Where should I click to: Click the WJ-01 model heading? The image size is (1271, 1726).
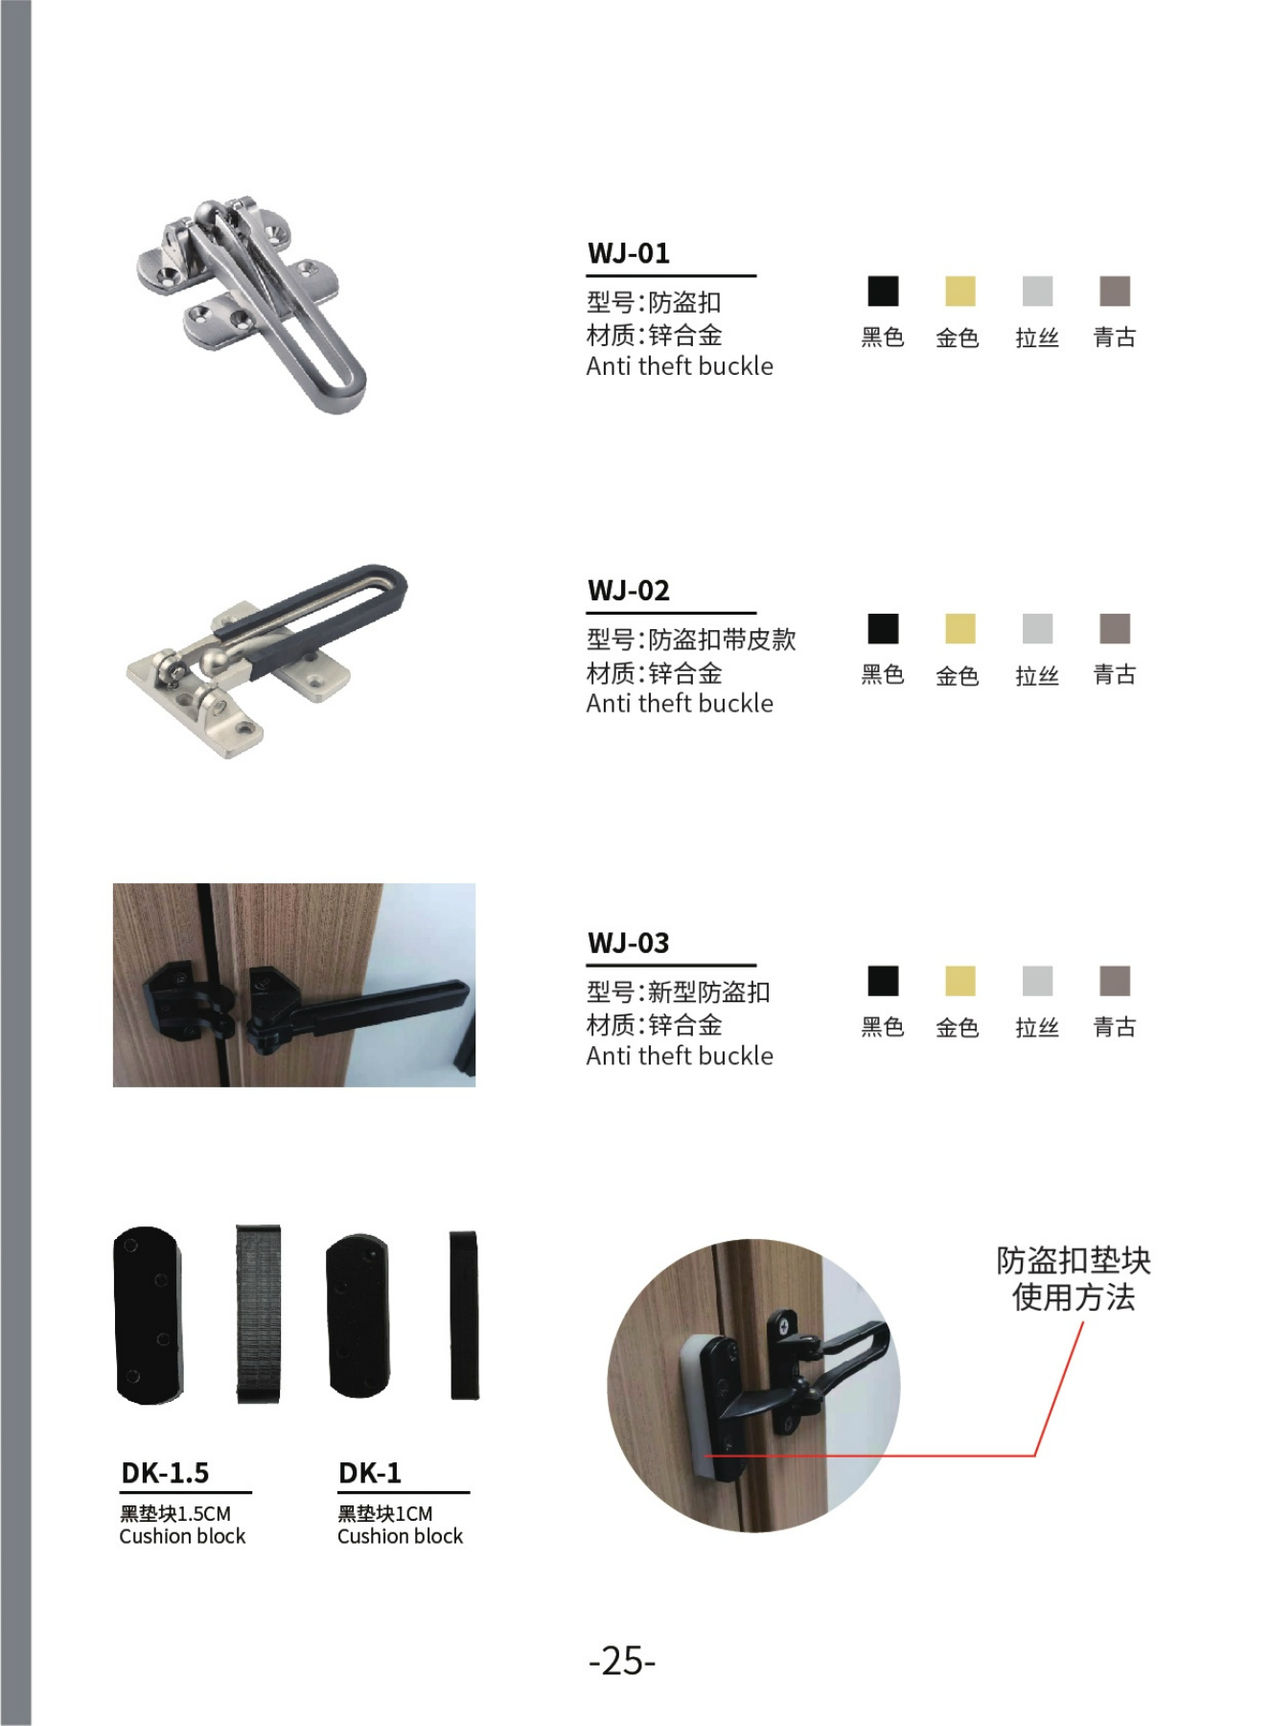[x=629, y=253]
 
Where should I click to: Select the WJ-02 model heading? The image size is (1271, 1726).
[x=629, y=590]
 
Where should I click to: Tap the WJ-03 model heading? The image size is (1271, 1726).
[x=629, y=943]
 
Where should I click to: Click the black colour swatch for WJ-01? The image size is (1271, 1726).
[x=883, y=292]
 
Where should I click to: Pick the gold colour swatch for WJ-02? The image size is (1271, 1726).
[x=959, y=629]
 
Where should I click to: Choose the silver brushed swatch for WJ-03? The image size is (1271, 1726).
[x=1037, y=981]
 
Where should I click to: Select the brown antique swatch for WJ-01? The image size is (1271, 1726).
[x=1115, y=292]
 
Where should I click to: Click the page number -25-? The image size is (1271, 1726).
[x=622, y=1660]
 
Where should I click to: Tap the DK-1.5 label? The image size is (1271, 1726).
[x=165, y=1473]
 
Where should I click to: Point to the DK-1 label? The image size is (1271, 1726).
[x=370, y=1473]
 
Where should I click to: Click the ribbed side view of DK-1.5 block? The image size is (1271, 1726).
[x=258, y=1314]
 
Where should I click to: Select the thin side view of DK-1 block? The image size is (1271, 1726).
[x=464, y=1315]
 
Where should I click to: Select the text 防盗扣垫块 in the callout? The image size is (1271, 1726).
[x=1074, y=1260]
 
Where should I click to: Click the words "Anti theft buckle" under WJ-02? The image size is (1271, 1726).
[x=680, y=703]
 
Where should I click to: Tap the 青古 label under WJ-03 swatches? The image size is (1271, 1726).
[x=1115, y=1027]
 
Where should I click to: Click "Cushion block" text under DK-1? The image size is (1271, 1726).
[x=400, y=1536]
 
